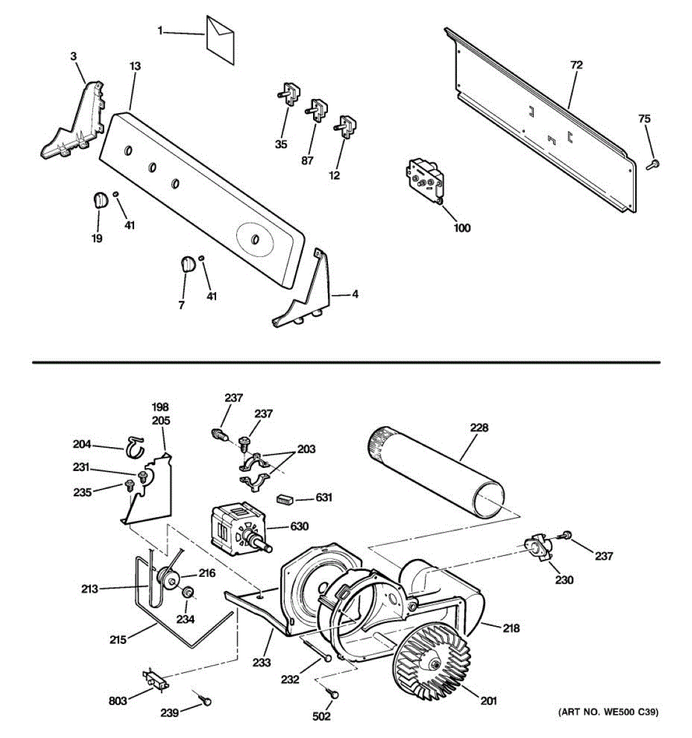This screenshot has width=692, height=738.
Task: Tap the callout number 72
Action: (576, 65)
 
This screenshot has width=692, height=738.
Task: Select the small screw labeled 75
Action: (654, 164)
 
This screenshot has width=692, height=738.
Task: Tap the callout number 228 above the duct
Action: (479, 428)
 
